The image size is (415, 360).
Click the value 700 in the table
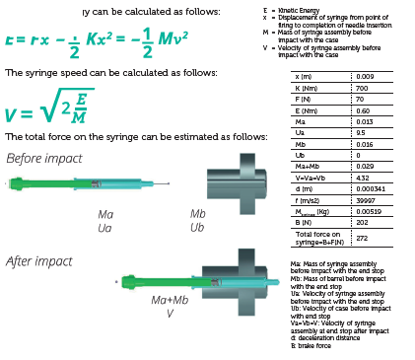pos(363,88)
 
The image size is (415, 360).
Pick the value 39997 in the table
pos(366,200)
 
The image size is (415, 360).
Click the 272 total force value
pos(362,238)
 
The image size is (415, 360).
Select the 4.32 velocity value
pos(363,179)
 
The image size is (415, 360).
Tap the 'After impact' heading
pos(34,261)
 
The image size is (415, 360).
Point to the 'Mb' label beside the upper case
pos(197,214)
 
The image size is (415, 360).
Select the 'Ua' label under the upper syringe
pos(105,228)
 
